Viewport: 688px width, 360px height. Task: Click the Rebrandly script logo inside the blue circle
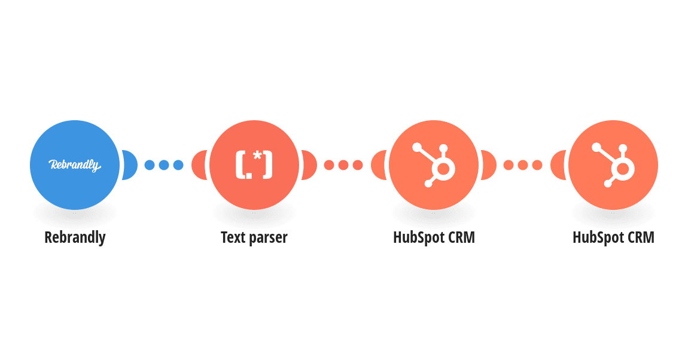point(75,165)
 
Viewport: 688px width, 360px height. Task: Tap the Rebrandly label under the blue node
point(75,237)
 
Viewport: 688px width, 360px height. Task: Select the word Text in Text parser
point(233,237)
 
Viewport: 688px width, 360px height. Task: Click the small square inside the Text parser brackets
point(249,175)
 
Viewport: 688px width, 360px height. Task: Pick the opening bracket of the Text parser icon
point(240,165)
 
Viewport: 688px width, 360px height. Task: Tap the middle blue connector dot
point(164,165)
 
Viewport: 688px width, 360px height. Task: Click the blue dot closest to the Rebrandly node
point(150,165)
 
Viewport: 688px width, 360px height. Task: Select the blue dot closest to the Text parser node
point(178,165)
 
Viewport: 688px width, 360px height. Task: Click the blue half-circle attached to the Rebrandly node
point(130,165)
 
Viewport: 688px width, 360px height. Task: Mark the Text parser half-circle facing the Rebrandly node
point(200,165)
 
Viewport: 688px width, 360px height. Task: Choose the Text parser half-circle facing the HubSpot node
point(309,165)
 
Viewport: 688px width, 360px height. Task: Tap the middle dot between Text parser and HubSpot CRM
point(343,165)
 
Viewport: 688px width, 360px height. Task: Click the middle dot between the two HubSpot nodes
point(523,165)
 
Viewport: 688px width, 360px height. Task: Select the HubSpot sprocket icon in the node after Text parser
point(434,165)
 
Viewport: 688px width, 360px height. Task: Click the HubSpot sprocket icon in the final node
point(613,165)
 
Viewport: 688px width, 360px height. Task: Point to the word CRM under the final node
point(641,237)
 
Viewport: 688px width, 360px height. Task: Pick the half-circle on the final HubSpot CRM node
point(559,165)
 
